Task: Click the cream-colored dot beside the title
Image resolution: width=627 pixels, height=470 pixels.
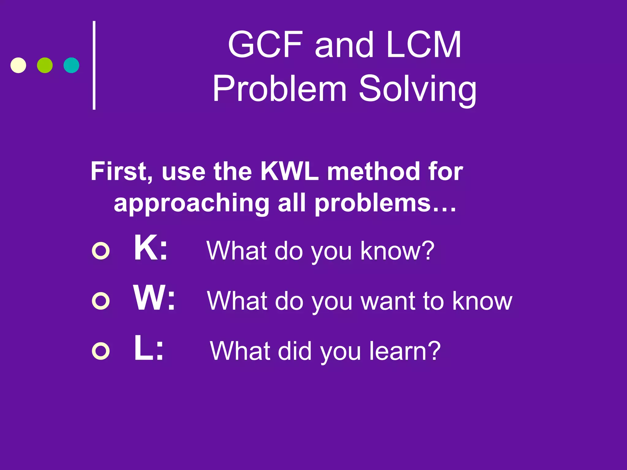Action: click(x=18, y=65)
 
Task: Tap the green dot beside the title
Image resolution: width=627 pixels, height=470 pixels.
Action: click(x=45, y=65)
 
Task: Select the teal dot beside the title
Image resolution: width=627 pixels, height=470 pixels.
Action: click(x=71, y=65)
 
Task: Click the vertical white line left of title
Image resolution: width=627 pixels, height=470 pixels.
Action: click(x=94, y=65)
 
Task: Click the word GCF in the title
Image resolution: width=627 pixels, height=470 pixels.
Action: click(x=265, y=45)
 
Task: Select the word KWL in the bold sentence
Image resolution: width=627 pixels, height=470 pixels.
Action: click(x=290, y=171)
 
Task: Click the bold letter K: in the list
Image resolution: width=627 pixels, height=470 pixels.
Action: click(x=151, y=248)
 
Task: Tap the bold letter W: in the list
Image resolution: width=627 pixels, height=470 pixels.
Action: click(x=154, y=298)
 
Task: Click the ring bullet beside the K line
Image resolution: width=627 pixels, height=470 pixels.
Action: click(x=101, y=251)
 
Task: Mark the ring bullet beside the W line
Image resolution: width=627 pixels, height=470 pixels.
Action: click(x=101, y=301)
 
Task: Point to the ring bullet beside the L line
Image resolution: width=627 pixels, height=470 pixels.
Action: click(x=101, y=351)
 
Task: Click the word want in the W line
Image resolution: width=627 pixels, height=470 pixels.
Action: click(x=388, y=301)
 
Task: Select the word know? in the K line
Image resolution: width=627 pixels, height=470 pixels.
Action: click(x=397, y=251)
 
